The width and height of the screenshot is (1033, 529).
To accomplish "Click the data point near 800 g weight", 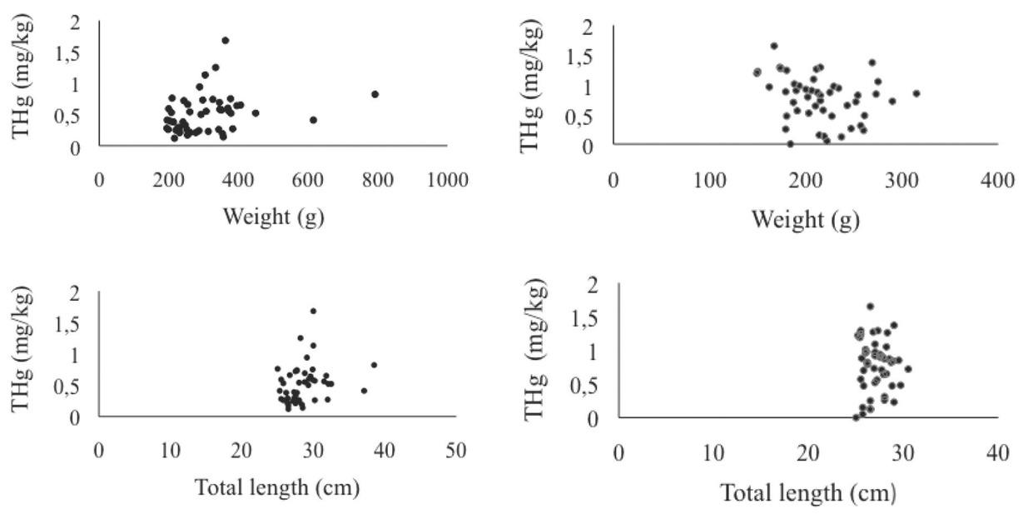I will (x=375, y=94).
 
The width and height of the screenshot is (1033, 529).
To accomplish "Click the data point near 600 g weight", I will (x=313, y=120).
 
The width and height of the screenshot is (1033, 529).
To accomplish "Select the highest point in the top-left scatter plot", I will (x=225, y=40).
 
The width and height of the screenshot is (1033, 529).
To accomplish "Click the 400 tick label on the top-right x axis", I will (x=997, y=180).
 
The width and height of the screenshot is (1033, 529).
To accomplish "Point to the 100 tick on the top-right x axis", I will (x=709, y=180).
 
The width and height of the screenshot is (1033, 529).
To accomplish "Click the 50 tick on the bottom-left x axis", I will (x=454, y=451).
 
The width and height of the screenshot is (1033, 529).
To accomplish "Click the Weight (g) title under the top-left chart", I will (x=273, y=217).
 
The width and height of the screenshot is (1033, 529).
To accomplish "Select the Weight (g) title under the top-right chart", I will (x=805, y=220).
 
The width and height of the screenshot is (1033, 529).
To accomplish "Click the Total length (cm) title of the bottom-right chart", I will (x=807, y=493).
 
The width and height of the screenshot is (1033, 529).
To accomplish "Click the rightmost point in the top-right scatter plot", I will (x=916, y=93).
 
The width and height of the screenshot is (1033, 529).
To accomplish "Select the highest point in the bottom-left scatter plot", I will (x=313, y=311).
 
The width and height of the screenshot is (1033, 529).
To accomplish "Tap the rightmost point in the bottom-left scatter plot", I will (x=374, y=365).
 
